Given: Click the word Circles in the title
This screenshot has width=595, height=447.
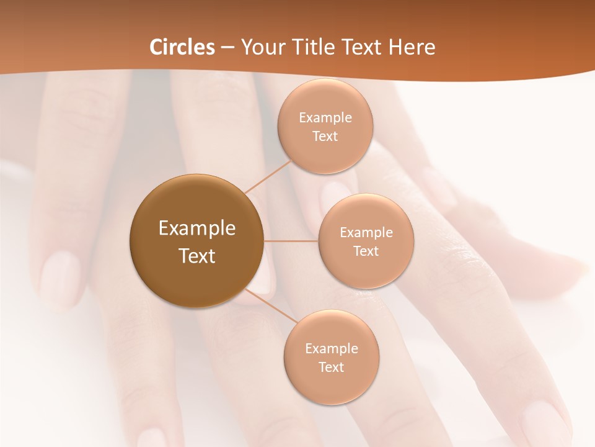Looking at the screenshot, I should tap(182, 47).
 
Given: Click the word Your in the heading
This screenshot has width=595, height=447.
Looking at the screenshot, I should tap(260, 47).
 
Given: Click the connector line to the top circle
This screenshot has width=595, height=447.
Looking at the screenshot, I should tap(268, 175).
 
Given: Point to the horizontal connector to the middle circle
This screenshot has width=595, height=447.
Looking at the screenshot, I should tap(291, 241).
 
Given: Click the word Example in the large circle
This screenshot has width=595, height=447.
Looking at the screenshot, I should tap(197, 228).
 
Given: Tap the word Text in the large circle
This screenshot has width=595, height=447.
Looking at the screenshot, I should tap(197, 256).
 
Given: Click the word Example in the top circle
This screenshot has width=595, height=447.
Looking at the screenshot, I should tap(325, 118).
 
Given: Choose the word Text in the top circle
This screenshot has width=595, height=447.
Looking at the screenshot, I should tap(325, 137).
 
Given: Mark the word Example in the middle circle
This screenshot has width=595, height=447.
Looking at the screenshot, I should tap(366, 233).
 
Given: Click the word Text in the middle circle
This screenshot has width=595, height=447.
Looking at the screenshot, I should tap(366, 251).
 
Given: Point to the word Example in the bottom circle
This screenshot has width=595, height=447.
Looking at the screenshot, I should tap(332, 349).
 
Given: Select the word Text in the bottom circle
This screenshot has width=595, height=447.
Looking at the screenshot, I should tap(331, 368).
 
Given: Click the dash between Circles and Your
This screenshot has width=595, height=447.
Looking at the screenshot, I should tap(227, 47).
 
